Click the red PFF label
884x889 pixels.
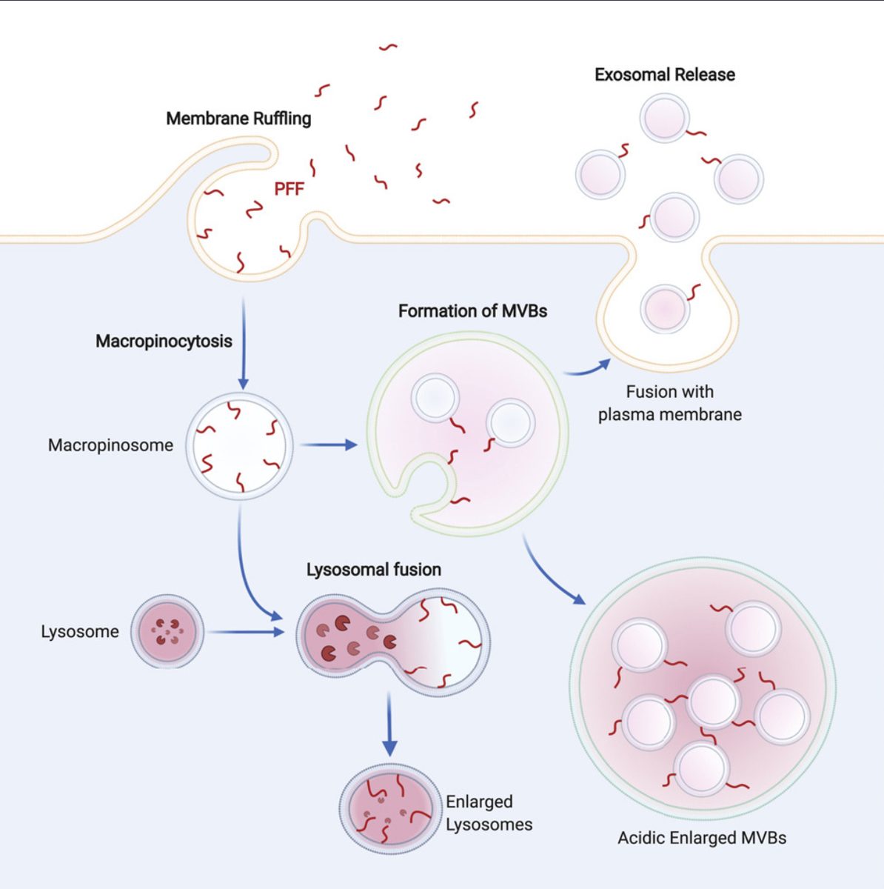coord(289,189)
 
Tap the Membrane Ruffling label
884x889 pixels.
coord(238,119)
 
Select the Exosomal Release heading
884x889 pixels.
coord(664,75)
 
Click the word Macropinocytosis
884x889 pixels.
coord(164,342)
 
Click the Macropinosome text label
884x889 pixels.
coord(110,445)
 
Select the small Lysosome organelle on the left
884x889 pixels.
coord(167,631)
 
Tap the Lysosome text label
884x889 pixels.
coord(79,632)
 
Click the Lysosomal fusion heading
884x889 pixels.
coord(373,570)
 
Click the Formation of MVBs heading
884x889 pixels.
coord(472,311)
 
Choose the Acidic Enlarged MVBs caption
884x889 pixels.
coord(702,838)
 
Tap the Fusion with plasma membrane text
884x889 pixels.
coord(669,403)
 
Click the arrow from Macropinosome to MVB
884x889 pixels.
coord(329,444)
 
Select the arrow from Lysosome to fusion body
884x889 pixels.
coord(245,632)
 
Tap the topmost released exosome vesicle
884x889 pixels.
coord(665,118)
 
